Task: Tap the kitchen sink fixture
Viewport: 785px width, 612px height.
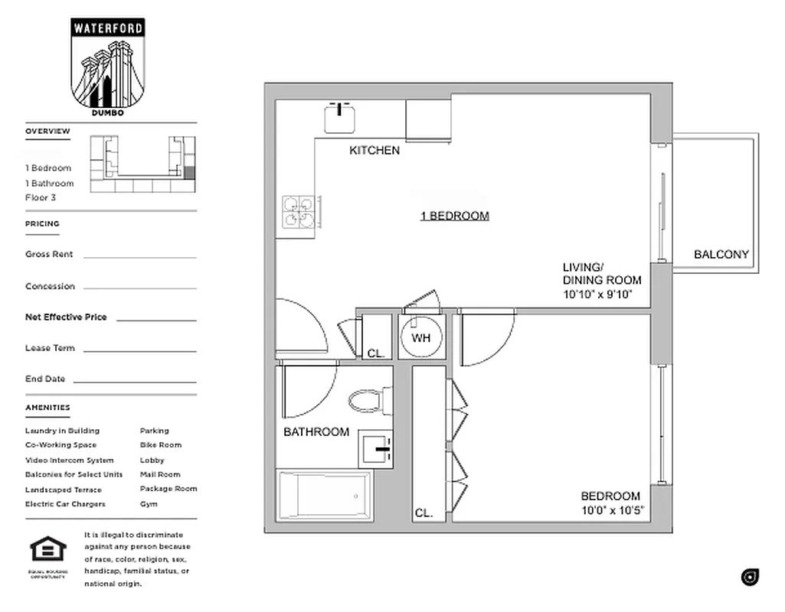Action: point(339,118)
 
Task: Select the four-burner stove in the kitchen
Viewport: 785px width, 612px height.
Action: point(298,212)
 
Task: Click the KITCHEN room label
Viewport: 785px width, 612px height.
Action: point(375,151)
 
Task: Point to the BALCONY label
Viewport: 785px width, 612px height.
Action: point(721,255)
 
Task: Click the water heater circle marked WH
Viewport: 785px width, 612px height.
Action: point(421,337)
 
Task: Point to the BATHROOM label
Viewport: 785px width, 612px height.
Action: point(316,432)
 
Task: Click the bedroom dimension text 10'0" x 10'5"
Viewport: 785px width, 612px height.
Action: point(613,510)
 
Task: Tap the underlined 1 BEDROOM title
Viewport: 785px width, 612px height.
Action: point(454,216)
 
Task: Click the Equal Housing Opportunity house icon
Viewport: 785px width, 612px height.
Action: point(47,549)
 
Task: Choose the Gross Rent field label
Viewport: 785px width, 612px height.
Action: point(49,255)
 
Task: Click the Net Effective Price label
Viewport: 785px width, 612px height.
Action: point(66,317)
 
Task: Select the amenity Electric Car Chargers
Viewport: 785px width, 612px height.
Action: point(65,504)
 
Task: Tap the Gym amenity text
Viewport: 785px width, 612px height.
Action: point(149,504)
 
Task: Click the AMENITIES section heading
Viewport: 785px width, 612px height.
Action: point(47,408)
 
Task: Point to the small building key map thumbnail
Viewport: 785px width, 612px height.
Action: point(142,164)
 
